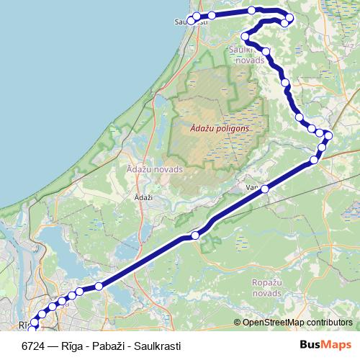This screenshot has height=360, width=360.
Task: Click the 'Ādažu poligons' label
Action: click(x=220, y=128)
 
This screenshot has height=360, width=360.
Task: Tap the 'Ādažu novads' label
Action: click(x=154, y=169)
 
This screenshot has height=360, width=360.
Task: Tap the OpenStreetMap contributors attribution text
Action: click(x=297, y=323)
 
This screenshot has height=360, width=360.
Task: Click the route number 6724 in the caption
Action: click(x=34, y=346)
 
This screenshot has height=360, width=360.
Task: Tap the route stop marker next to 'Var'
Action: click(x=265, y=189)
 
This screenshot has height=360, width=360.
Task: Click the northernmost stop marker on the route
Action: click(x=251, y=10)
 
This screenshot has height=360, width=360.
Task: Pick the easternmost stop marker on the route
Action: click(x=328, y=135)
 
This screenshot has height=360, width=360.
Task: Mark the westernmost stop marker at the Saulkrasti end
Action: click(x=191, y=20)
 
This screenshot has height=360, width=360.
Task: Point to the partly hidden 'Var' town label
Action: click(x=252, y=188)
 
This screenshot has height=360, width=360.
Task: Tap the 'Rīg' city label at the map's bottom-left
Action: click(x=25, y=325)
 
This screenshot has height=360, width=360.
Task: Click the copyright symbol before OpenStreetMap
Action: click(x=237, y=323)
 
